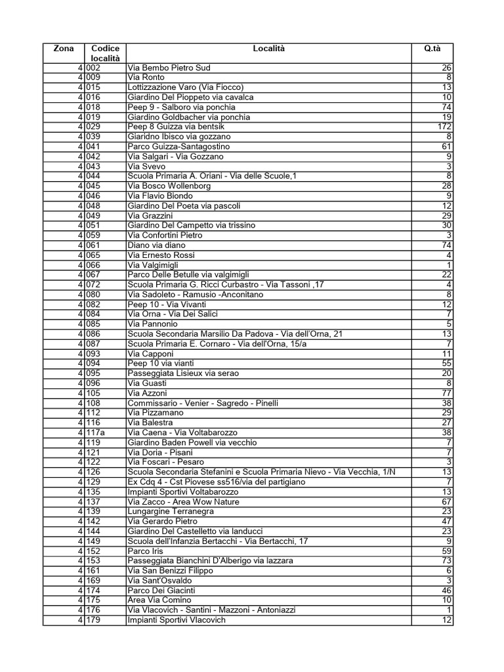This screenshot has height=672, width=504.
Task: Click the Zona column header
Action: pyautogui.click(x=64, y=49)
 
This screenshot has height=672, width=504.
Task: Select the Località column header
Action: pyautogui.click(x=269, y=49)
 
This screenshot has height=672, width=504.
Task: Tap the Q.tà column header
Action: pyautogui.click(x=432, y=49)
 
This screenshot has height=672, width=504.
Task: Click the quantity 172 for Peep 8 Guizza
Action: pyautogui.click(x=444, y=127)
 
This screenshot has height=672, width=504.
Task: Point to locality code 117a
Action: pyautogui.click(x=98, y=432)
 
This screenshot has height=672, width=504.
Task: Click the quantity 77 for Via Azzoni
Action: pyautogui.click(x=446, y=393)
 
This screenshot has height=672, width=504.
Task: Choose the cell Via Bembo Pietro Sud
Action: pyautogui.click(x=169, y=68)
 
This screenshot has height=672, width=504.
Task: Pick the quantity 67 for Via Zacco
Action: pyautogui.click(x=446, y=501)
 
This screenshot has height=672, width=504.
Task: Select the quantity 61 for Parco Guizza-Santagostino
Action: pyautogui.click(x=446, y=146)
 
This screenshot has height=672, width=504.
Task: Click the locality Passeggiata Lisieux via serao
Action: pyautogui.click(x=183, y=373)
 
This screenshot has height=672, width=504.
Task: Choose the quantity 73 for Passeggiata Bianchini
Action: pyautogui.click(x=446, y=560)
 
